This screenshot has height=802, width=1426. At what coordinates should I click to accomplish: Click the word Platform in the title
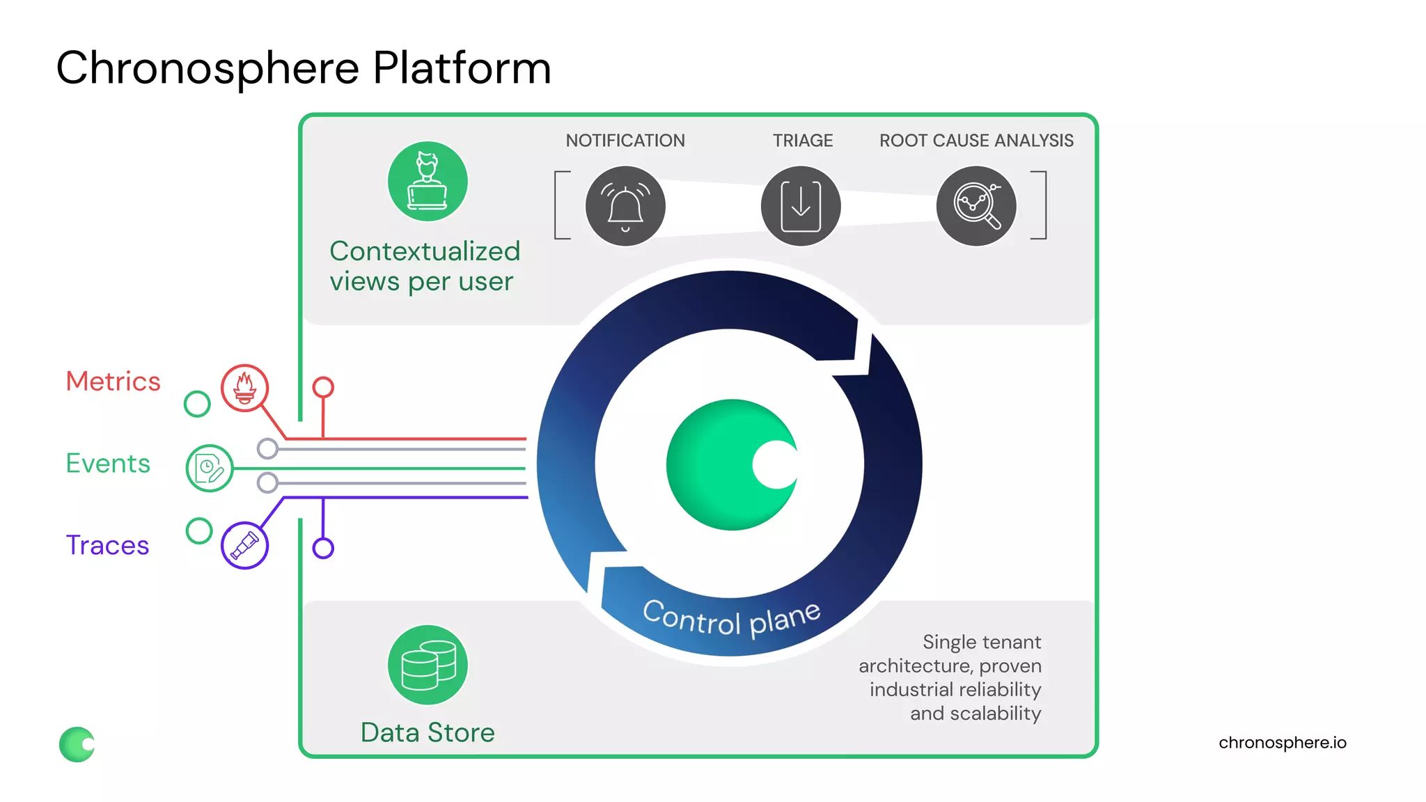[x=462, y=68]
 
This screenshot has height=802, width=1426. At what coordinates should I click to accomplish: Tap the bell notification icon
[x=625, y=206]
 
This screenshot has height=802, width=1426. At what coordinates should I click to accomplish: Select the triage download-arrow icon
[x=801, y=206]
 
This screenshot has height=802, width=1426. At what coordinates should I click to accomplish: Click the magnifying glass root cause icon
[x=976, y=206]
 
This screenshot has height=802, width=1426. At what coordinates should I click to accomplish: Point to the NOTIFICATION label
[x=625, y=141]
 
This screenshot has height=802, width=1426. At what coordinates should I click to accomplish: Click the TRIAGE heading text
[x=803, y=141]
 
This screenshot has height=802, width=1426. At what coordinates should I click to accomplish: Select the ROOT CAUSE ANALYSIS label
[x=976, y=141]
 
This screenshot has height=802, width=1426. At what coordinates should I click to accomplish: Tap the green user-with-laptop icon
[x=428, y=182]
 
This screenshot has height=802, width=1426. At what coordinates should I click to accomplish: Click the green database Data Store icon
[x=428, y=665]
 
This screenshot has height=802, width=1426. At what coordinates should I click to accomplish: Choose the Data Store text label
[x=428, y=732]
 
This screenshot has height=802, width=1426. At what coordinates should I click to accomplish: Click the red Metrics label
[x=113, y=382]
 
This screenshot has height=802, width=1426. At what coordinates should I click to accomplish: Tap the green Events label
[x=108, y=464]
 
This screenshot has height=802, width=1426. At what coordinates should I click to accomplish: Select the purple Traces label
[x=107, y=545]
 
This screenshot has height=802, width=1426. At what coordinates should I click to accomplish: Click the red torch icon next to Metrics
[x=244, y=388]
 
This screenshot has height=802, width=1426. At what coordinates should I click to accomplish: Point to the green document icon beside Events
[x=209, y=469]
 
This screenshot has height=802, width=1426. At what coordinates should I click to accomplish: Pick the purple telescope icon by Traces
[x=244, y=545]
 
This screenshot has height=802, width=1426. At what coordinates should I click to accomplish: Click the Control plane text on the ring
[x=731, y=619]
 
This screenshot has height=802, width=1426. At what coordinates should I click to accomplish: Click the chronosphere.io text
[x=1282, y=743]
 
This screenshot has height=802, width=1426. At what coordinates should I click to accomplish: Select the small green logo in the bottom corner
[x=77, y=744]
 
